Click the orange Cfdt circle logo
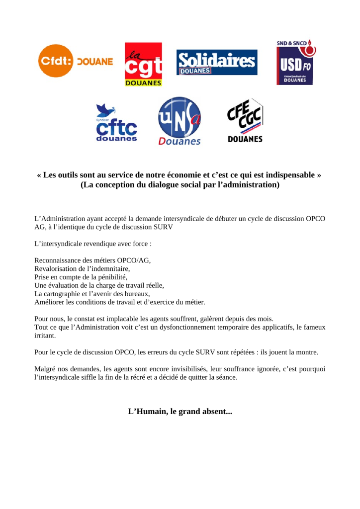pyautogui.click(x=55, y=61)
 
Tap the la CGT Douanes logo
pyautogui.click(x=143, y=64)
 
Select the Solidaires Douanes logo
pyautogui.click(x=217, y=62)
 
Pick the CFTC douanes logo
pyautogui.click(x=116, y=123)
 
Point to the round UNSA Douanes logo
pyautogui.click(x=179, y=121)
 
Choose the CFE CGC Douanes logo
pyautogui.click(x=245, y=120)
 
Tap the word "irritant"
pyautogui.click(x=45, y=336)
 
